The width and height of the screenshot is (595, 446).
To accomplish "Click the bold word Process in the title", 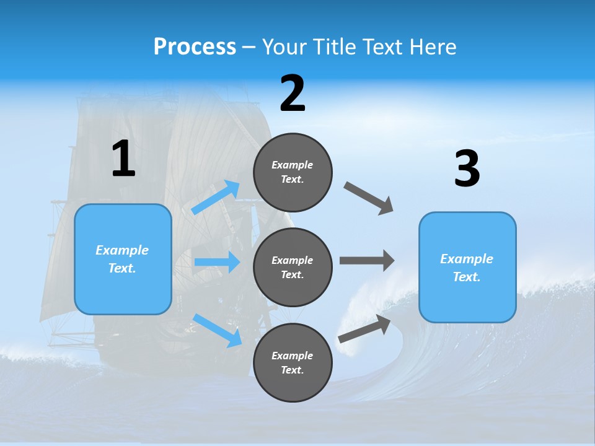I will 195,46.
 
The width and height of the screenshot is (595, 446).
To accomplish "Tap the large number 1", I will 123,159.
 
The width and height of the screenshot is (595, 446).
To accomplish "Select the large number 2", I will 293,94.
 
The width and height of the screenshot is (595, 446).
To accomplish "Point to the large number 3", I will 467,169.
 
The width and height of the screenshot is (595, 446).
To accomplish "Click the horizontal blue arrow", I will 217,262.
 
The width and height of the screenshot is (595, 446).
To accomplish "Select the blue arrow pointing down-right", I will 218,330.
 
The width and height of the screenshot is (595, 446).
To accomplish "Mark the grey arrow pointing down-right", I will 369,198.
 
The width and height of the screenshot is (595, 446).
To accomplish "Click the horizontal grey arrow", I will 367,260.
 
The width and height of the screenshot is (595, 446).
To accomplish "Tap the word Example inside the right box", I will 467,259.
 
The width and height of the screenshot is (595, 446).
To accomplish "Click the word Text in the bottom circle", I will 291,370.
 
